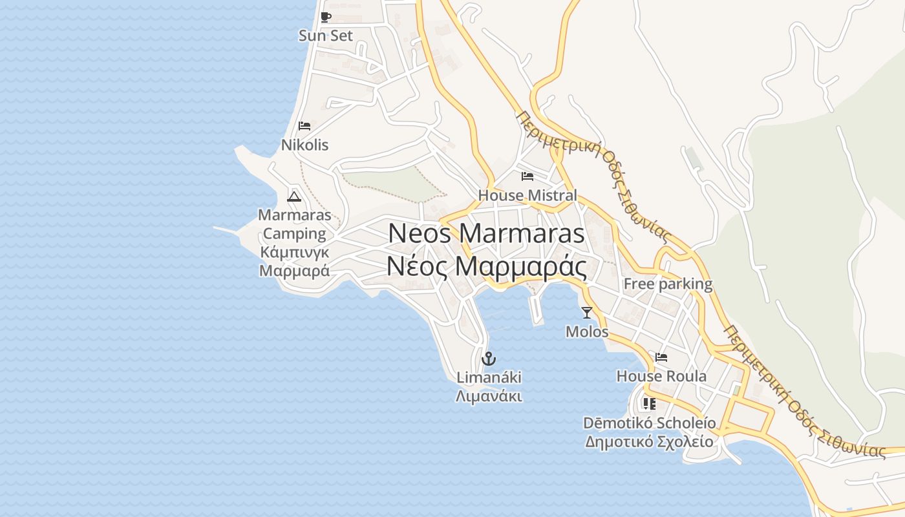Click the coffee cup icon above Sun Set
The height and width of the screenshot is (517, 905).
pyautogui.click(x=326, y=17)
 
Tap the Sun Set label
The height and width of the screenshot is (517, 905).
pyautogui.click(x=326, y=36)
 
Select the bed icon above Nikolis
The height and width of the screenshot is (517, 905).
pyautogui.click(x=304, y=126)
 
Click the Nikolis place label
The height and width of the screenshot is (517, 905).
pyautogui.click(x=304, y=145)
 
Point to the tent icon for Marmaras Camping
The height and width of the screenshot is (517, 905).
pyautogui.click(x=294, y=196)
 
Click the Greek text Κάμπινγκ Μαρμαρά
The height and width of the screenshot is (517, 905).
pyautogui.click(x=294, y=261)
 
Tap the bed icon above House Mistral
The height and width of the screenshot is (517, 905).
pyautogui.click(x=527, y=176)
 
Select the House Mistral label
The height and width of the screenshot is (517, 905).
pyautogui.click(x=527, y=195)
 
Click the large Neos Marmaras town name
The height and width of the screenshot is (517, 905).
pyautogui.click(x=486, y=233)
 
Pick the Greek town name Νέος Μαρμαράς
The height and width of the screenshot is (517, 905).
pyautogui.click(x=486, y=266)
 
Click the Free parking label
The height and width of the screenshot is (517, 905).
pyautogui.click(x=668, y=284)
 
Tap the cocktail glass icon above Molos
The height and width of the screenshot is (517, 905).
pyautogui.click(x=587, y=313)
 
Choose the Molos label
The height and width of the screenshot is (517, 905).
pyautogui.click(x=587, y=332)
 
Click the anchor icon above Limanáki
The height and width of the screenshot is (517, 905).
pyautogui.click(x=489, y=358)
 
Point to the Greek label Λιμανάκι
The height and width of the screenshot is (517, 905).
pyautogui.click(x=489, y=396)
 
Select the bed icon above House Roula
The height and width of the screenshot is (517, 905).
pyautogui.click(x=661, y=357)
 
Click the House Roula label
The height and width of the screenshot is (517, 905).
pyautogui.click(x=661, y=376)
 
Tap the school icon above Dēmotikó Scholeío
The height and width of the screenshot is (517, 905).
pyautogui.click(x=650, y=404)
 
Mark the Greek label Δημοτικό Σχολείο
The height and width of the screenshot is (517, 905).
pyautogui.click(x=650, y=442)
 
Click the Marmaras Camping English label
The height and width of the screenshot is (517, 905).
pyautogui.click(x=294, y=224)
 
